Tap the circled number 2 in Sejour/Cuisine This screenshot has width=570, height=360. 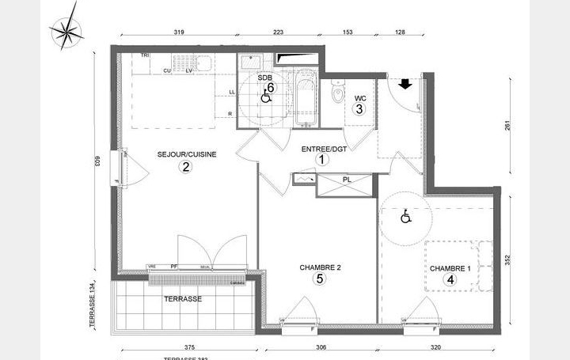pos(185,166)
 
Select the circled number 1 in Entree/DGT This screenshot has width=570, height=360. pos(322,159)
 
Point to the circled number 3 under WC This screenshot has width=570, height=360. pos(359,109)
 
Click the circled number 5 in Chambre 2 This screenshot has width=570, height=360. pos(320,279)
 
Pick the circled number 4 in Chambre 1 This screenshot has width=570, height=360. pos(450,279)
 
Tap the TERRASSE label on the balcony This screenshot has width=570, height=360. pos(183,299)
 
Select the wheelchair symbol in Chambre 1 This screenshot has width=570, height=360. pos(405,216)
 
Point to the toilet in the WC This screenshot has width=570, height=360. pos(338,96)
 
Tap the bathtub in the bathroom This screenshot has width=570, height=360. pos(304,99)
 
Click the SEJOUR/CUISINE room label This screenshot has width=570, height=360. pos(187,153)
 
